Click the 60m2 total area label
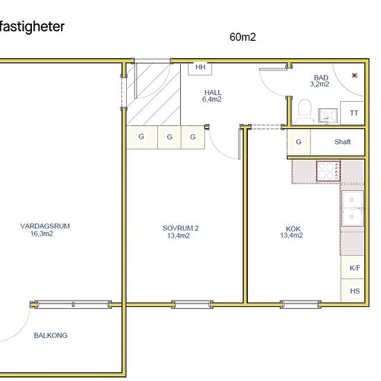(242, 37)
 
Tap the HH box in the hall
(200, 69)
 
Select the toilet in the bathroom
(305, 112)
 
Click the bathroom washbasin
(328, 116)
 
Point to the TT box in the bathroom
(353, 113)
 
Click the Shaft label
(342, 141)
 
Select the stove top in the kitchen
(328, 171)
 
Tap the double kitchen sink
(353, 209)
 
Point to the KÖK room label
(292, 232)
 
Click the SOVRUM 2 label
(180, 232)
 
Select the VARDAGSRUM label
(45, 230)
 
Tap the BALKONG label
(51, 335)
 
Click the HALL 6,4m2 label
(212, 96)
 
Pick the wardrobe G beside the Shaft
(299, 142)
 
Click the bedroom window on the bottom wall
(192, 305)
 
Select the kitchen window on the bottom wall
(301, 305)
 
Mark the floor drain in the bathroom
(355, 76)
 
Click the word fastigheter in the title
(32, 27)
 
